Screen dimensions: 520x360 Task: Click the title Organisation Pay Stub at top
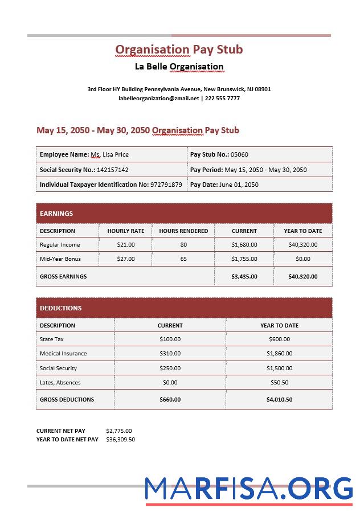tap(179, 50)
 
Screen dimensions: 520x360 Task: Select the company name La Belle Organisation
tap(179, 67)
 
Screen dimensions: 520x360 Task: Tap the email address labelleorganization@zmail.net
tap(159, 99)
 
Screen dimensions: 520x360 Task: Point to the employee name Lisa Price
tap(116, 154)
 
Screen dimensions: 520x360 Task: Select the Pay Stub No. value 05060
tap(239, 154)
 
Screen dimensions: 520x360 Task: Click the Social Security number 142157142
tap(113, 170)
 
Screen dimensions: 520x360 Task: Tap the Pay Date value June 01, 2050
tap(239, 185)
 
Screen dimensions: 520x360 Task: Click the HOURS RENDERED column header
tap(183, 231)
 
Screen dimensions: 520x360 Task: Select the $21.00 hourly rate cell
tap(125, 245)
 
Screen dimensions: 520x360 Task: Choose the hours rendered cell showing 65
tap(183, 259)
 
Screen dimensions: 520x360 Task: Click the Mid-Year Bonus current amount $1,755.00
tap(244, 259)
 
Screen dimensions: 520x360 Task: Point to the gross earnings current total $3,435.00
tap(244, 277)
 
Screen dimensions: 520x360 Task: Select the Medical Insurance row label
tap(63, 354)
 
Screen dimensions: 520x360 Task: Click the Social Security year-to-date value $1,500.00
tap(279, 368)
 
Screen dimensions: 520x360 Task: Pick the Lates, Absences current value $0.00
tap(170, 383)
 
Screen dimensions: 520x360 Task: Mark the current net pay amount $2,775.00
tap(119, 431)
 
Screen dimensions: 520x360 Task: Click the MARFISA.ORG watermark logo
tap(248, 489)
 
